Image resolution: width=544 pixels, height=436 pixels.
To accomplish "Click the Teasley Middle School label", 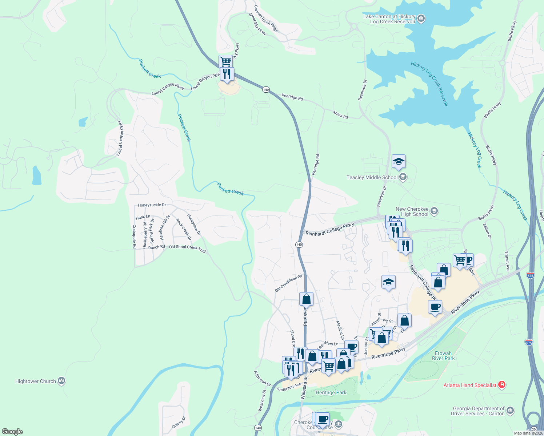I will tap(372, 177).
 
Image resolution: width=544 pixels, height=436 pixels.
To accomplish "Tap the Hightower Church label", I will tap(36, 381).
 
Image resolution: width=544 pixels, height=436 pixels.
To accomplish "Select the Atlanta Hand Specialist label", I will tap(470, 385).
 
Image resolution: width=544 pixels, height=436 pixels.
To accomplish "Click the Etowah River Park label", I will tap(443, 356).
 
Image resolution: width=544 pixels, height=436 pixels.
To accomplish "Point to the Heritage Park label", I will tap(331, 392).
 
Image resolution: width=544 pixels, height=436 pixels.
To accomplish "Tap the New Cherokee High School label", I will tap(412, 211).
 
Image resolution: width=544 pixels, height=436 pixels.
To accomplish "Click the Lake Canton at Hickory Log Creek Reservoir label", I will tap(389, 19).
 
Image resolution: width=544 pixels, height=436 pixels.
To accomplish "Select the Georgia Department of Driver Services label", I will tap(479, 411).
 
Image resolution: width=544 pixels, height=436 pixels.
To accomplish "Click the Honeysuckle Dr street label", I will tap(152, 205).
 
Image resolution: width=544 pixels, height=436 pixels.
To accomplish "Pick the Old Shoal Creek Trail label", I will tap(187, 249).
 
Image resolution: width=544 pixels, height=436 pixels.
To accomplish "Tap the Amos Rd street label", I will tap(340, 114).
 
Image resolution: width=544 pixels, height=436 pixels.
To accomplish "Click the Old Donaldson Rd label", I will tap(288, 283).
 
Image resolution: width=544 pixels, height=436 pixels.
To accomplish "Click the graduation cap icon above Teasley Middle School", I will tap(399, 162).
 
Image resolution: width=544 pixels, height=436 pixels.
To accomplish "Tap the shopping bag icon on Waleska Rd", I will tap(306, 299).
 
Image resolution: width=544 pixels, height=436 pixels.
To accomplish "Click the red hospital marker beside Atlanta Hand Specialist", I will tap(502, 385).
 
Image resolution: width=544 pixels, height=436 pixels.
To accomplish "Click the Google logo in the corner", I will tap(12, 432).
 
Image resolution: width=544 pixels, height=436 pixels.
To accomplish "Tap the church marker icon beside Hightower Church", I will tap(61, 381).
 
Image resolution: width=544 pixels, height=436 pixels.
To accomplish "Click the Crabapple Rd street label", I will tap(134, 237).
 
